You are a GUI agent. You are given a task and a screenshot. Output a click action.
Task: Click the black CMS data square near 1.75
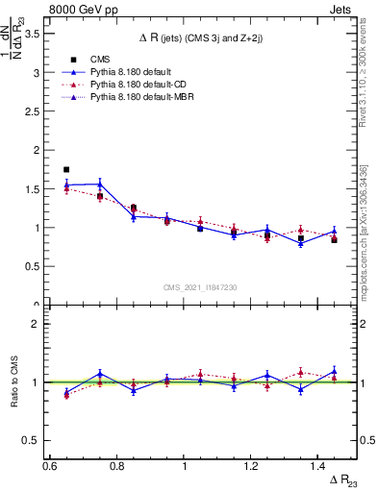(66, 169)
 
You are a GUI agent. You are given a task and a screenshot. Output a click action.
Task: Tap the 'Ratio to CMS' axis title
(14, 381)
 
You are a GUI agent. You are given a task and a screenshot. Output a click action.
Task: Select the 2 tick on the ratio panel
(36, 324)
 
